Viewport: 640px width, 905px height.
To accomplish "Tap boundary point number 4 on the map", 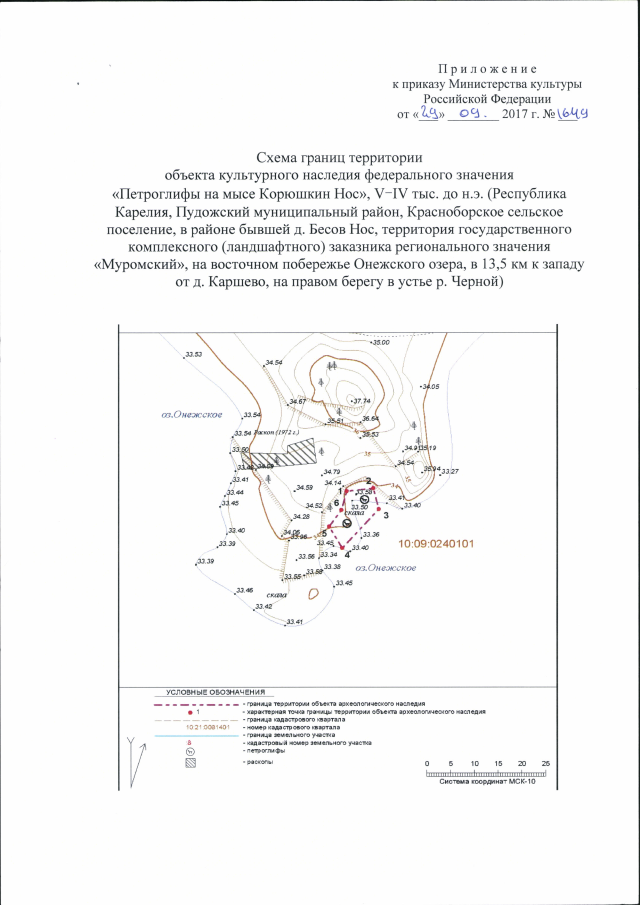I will pos(347,553).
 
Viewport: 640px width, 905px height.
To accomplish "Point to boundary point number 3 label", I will pos(386,515).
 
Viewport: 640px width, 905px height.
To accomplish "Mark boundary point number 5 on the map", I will pos(324,533).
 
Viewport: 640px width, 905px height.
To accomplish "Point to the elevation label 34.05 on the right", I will pos(431,386).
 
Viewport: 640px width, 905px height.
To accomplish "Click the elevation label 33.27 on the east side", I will pos(449,471).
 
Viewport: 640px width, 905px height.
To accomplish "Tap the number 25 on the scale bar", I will pos(546,764).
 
